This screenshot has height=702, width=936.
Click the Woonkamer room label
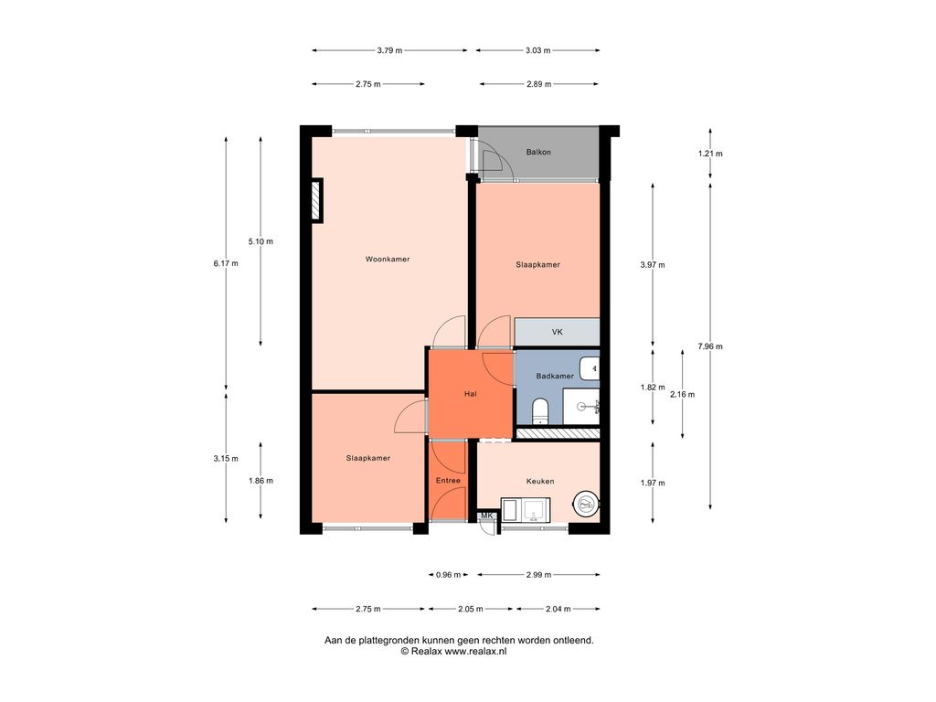click(x=388, y=259)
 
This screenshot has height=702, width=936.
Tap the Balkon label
click(x=538, y=153)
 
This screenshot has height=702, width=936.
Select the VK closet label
click(x=557, y=332)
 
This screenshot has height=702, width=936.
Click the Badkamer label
click(x=555, y=376)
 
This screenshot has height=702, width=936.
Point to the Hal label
click(x=471, y=394)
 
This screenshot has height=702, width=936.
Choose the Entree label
click(x=448, y=481)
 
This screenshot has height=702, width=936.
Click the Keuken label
click(x=539, y=481)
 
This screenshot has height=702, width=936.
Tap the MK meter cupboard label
click(x=487, y=516)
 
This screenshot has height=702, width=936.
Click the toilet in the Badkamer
click(x=539, y=410)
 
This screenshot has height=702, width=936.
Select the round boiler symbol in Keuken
click(x=585, y=505)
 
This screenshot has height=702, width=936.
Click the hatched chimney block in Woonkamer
click(x=316, y=200)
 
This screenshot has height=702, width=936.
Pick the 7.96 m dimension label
click(x=709, y=346)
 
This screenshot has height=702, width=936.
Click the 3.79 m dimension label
click(x=389, y=51)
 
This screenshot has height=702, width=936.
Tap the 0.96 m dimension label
click(x=448, y=575)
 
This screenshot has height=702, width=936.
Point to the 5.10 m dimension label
click(x=261, y=241)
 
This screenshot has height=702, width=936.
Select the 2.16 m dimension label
click(x=682, y=395)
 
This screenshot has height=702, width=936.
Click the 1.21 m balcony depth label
click(x=709, y=154)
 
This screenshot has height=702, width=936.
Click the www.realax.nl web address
click(x=475, y=652)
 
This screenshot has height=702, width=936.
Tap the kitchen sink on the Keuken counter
click(x=537, y=511)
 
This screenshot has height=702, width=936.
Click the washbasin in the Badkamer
click(x=590, y=368)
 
